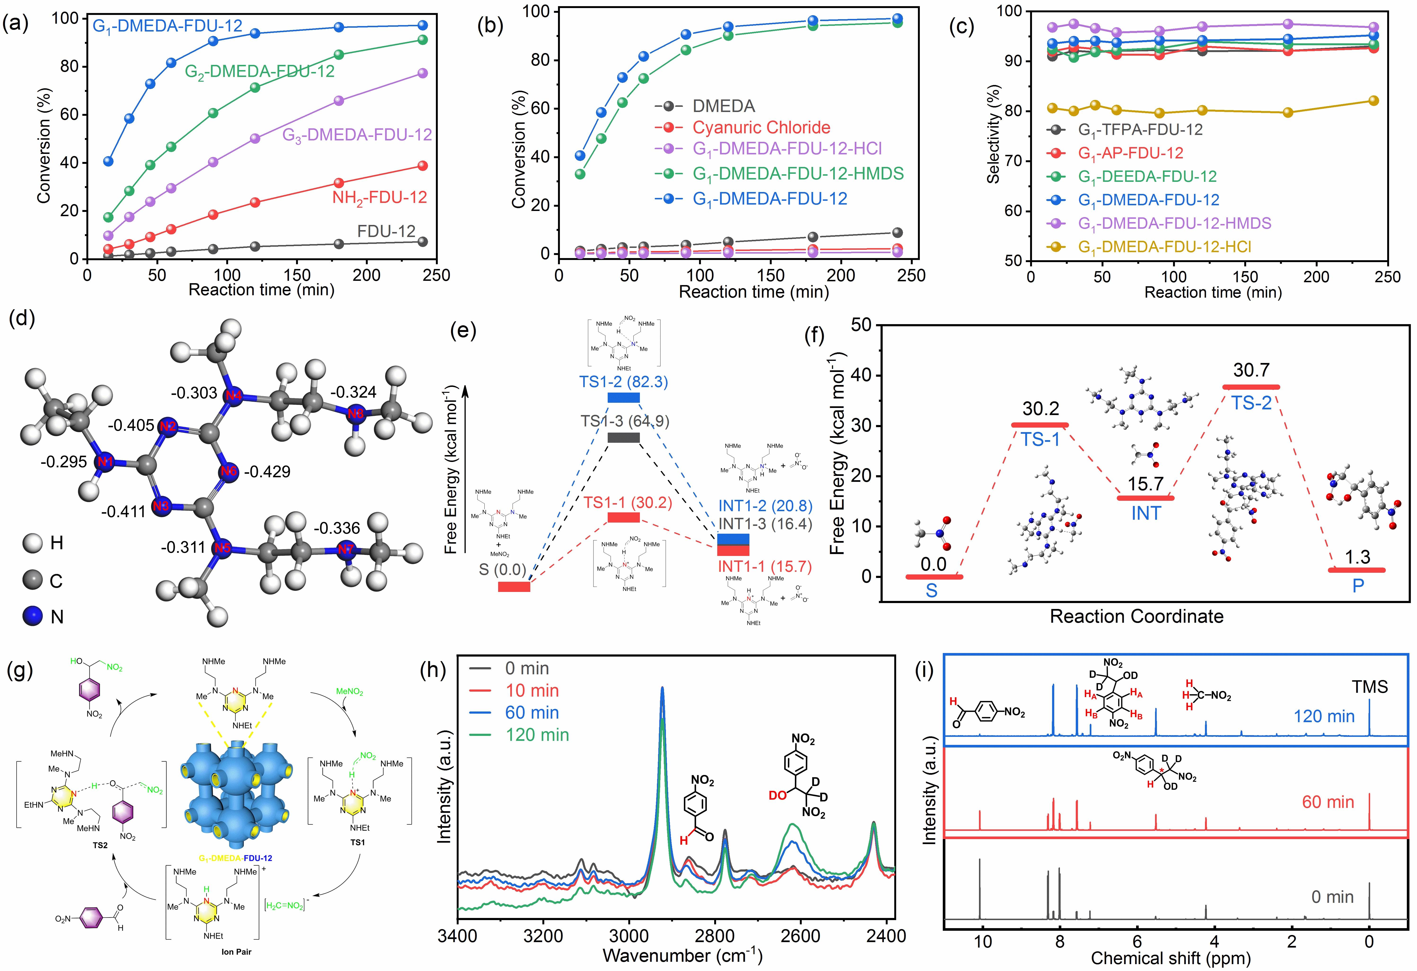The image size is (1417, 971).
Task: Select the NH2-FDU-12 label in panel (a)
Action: (379, 198)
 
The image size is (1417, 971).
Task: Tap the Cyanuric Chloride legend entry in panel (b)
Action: (761, 127)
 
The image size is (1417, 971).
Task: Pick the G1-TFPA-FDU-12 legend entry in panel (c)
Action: (1140, 129)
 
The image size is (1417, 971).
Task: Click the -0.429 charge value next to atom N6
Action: (267, 471)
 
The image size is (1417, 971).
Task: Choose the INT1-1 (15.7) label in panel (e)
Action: (765, 567)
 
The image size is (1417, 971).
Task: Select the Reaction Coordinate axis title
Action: (1137, 616)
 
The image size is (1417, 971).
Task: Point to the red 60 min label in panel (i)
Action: (1328, 802)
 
